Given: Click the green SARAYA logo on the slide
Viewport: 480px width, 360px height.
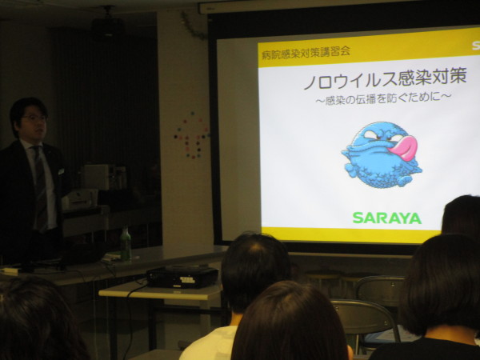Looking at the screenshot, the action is (387, 218).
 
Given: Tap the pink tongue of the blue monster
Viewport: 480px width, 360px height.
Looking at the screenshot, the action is (404, 148).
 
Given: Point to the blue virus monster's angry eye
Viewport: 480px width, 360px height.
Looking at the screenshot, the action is (372, 134).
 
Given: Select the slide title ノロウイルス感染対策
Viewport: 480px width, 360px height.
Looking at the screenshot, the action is (385, 78).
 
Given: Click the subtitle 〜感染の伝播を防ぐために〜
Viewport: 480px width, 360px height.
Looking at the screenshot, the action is (383, 99).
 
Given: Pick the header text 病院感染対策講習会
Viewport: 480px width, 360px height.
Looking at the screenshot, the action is (306, 52).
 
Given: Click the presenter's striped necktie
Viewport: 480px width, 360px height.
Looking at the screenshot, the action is (41, 187).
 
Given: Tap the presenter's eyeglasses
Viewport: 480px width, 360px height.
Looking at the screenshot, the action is (35, 118).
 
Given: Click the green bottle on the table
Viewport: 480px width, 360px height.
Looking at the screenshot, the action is (126, 243).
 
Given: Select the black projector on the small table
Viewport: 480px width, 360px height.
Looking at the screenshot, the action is (182, 276).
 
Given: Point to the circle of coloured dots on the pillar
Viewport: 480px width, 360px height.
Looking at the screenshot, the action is (191, 135).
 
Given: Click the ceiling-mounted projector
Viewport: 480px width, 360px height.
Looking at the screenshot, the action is (108, 24).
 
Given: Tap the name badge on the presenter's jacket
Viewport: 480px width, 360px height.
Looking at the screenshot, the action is (61, 171).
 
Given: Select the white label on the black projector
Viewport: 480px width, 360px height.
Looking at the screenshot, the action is (187, 280).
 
